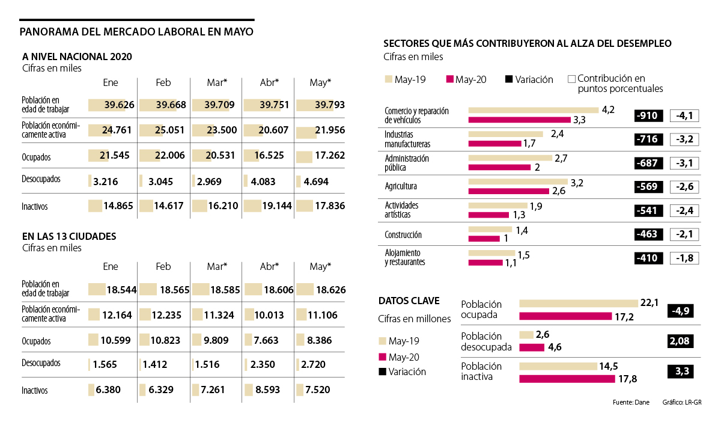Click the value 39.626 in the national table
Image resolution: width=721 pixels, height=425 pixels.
pos(119,105)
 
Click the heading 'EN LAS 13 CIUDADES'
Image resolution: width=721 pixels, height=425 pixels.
pos(68,236)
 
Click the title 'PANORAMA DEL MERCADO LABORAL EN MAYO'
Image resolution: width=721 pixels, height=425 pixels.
pos(136,32)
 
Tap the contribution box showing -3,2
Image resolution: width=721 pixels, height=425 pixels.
pos(684,139)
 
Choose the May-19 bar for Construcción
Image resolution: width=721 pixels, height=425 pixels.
pos(490,230)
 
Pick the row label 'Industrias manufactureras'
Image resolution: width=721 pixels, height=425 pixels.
pos(407,139)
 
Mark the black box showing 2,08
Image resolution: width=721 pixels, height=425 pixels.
pos(681,341)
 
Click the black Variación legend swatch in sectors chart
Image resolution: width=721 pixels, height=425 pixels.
pos(510,79)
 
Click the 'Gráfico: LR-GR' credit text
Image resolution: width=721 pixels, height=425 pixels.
pos(682,403)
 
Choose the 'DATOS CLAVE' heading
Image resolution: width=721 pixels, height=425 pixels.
pos(409,301)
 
